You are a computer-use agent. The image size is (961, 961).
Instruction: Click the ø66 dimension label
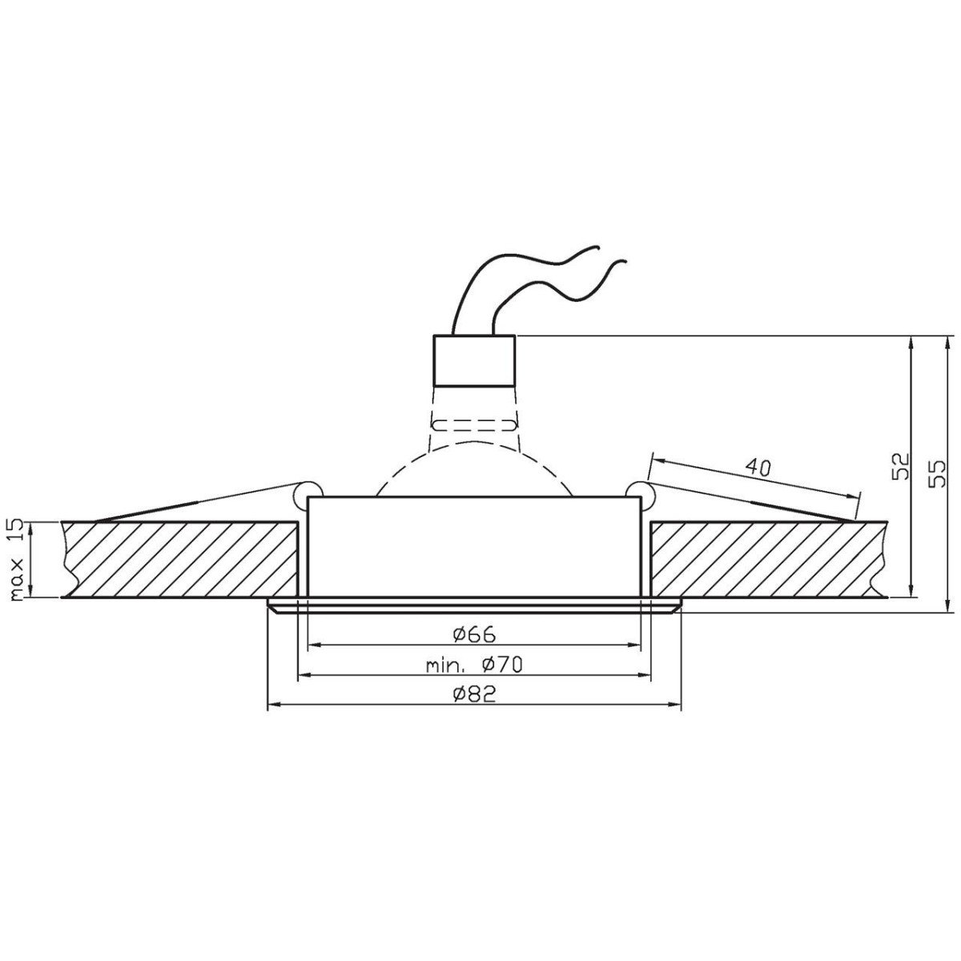[474, 634]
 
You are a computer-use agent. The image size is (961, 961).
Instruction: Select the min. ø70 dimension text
[474, 665]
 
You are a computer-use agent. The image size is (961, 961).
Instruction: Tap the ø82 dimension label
[474, 694]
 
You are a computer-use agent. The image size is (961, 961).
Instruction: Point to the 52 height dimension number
[902, 466]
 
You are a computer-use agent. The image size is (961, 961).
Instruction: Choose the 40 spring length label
[758, 468]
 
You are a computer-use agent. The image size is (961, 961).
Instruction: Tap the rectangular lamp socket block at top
[473, 360]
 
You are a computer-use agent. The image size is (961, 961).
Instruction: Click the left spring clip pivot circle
[308, 493]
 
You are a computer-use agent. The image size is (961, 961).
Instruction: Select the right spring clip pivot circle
[640, 493]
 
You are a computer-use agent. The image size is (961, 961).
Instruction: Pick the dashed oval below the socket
[473, 424]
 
